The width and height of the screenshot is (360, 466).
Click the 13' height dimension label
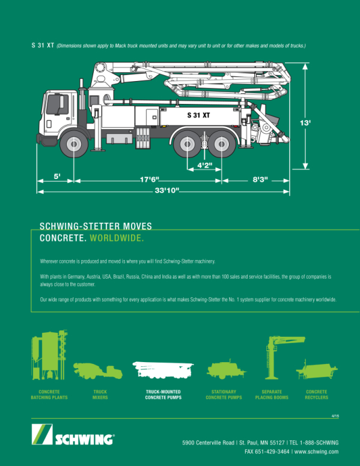[305, 123]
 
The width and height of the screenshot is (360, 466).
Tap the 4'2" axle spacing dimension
[205, 165]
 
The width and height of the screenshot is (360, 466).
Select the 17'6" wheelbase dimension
[150, 180]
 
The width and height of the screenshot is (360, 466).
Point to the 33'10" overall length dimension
[166, 190]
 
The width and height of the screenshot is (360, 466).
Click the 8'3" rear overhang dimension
[260, 180]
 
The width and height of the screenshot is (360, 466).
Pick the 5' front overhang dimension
[57, 176]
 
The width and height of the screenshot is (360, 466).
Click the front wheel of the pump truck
[74, 144]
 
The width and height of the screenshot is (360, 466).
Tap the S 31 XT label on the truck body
[198, 115]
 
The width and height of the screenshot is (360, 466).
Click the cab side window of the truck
[57, 104]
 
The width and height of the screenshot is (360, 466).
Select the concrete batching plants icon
[49, 356]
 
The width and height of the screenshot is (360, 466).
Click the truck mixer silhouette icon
[98, 371]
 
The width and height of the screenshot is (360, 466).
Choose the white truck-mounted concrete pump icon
[163, 370]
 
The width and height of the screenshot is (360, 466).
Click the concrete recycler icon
[317, 370]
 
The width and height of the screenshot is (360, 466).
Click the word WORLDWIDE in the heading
[117, 238]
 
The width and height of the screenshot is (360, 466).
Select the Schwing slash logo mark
[42, 434]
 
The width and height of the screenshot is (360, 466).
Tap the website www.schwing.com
[317, 452]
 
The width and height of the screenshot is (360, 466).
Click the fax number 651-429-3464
[272, 452]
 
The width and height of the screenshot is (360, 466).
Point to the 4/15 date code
[335, 416]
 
